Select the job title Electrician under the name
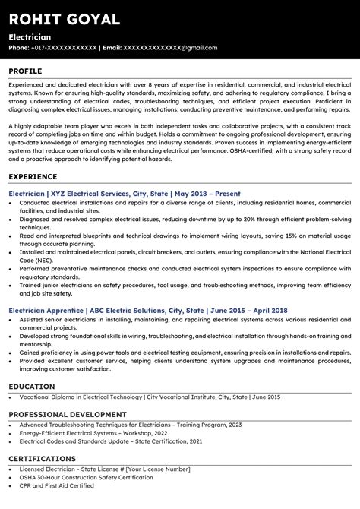[30, 36]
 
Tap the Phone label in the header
[19, 48]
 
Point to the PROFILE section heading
[26, 71]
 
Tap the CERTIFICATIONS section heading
[42, 460]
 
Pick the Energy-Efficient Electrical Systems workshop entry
[94, 433]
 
